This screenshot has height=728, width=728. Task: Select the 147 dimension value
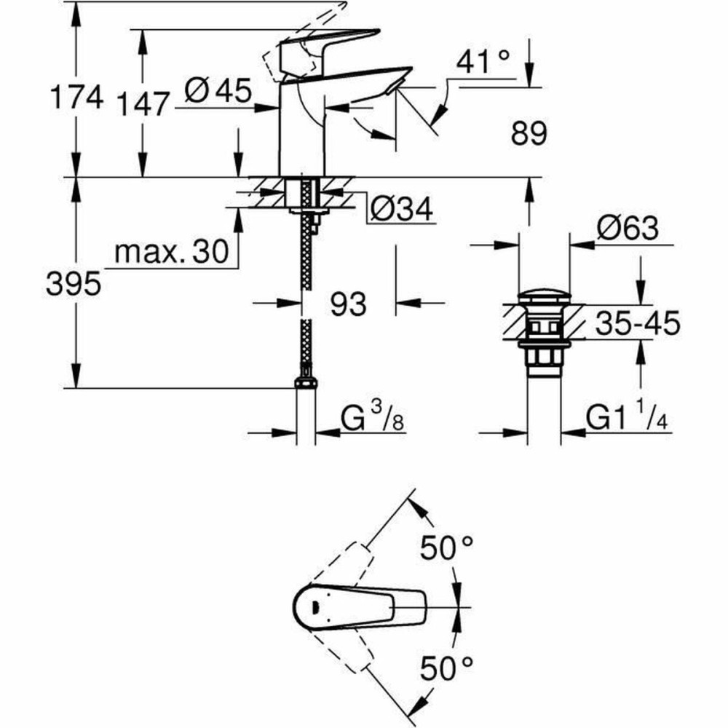coord(142,103)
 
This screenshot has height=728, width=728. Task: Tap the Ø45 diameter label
coord(218,92)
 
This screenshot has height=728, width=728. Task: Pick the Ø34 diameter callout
coord(401,210)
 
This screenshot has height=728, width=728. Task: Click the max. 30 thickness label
coord(171,253)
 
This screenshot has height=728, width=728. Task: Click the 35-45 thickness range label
coord(637,323)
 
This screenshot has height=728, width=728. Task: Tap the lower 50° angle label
coord(446,665)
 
